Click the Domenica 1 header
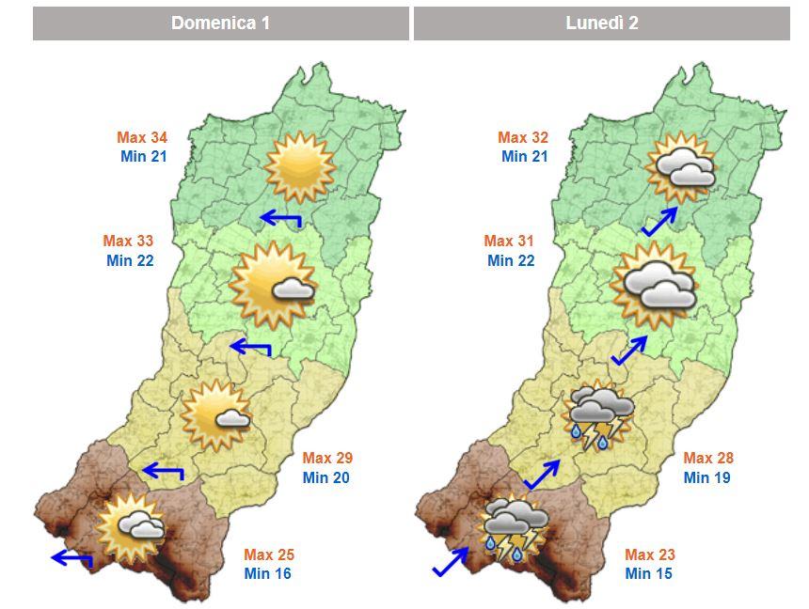pos(220,23)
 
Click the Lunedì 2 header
pos(601,23)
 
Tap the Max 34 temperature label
pos(142,138)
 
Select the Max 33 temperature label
pos(129,242)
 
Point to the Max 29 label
pos(327,459)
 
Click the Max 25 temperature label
pos(269,554)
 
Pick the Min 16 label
pos(268,573)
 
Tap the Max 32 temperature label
pos(523,138)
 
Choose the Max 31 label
pos(509,242)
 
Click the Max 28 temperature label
pos(708,459)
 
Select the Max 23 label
pos(650,554)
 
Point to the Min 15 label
pos(649,573)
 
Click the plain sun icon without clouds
pos(299,167)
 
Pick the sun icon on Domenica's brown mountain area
pos(131,528)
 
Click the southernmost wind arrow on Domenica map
pos(71,559)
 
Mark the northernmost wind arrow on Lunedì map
pos(659,223)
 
